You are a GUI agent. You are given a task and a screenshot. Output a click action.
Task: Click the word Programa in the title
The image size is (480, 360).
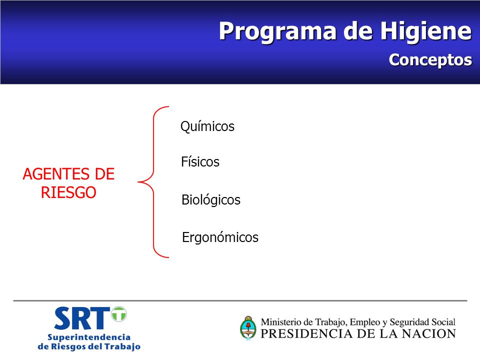click(277, 32)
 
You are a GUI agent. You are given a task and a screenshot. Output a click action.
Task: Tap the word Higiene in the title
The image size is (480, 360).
click(426, 31)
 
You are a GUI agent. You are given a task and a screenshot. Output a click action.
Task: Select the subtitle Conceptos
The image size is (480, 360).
click(430, 60)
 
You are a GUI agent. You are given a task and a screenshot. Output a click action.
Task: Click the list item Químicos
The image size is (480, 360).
click(207, 126)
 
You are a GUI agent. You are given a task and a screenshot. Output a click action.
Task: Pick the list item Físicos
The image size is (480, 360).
click(200, 161)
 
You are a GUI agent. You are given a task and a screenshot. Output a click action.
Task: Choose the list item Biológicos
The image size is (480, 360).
click(211, 200)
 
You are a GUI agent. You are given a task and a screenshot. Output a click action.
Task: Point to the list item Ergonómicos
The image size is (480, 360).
click(220, 237)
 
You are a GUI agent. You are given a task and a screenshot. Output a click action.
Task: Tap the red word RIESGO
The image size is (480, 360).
click(68, 192)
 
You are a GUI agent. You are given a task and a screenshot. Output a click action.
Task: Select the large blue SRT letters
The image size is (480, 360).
click(81, 318)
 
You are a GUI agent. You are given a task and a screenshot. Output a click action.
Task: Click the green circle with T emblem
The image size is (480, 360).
click(119, 314)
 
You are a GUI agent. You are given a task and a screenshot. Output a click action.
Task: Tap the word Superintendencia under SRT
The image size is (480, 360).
click(89, 337)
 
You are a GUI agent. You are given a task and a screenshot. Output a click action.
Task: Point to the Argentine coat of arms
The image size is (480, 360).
click(248, 328)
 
